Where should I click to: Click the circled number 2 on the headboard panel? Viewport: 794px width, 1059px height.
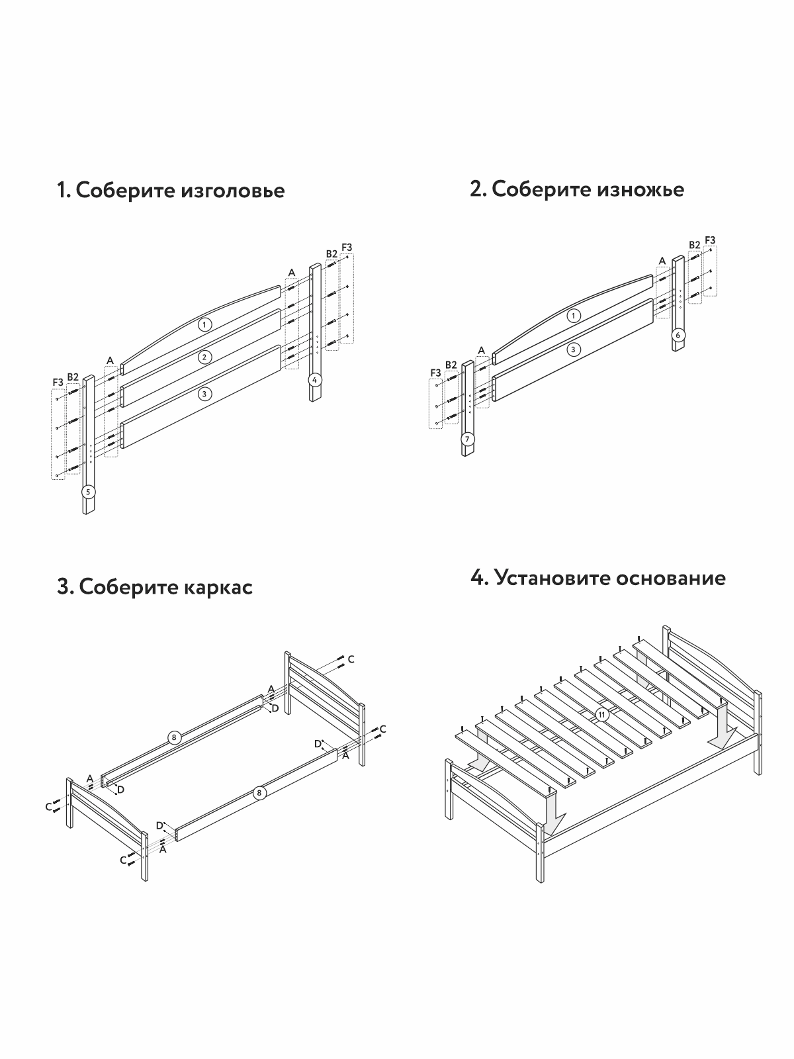point(205,357)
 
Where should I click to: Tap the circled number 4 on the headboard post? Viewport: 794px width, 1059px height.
point(316,380)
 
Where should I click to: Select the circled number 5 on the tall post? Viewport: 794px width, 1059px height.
point(88,492)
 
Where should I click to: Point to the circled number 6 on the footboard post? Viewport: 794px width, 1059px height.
point(678,335)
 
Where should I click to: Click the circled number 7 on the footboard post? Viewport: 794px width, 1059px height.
point(468,439)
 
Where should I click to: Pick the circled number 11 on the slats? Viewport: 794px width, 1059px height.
point(601,714)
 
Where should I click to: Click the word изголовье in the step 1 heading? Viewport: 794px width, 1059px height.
point(232,191)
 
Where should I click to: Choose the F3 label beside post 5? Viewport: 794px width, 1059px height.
point(58,382)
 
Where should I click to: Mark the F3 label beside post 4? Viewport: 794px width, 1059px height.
point(347,248)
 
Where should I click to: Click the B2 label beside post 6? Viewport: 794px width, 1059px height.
point(694,245)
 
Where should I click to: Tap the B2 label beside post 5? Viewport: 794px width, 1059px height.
point(73,377)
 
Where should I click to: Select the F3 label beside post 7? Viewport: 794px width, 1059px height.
point(435,373)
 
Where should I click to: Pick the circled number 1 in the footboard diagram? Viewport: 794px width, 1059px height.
point(574,316)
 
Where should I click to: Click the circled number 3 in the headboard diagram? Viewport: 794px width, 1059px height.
point(205,394)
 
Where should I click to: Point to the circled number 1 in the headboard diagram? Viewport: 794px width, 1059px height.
point(205,324)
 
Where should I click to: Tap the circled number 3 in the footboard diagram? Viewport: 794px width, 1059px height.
point(574,349)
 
